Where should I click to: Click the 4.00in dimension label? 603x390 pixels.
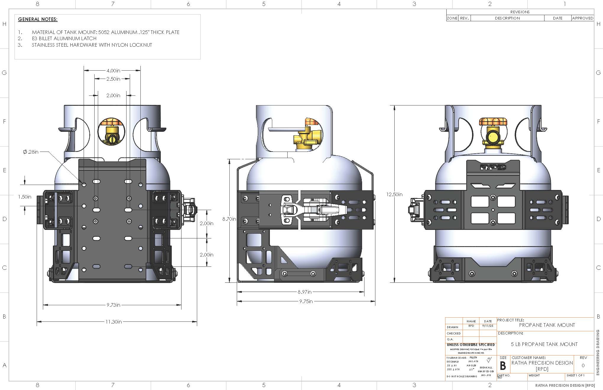pyautogui.click(x=113, y=71)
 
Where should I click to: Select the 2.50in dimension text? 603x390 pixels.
pyautogui.click(x=113, y=79)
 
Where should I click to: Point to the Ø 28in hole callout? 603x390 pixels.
pyautogui.click(x=31, y=152)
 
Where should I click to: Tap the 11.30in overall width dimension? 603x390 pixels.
pyautogui.click(x=114, y=322)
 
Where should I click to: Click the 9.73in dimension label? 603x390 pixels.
pyautogui.click(x=114, y=305)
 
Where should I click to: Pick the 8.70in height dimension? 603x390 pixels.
pyautogui.click(x=229, y=219)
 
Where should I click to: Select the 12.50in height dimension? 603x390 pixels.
pyautogui.click(x=394, y=194)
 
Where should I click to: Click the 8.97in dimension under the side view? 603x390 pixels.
pyautogui.click(x=304, y=292)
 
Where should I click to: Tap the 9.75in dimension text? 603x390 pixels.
pyautogui.click(x=306, y=301)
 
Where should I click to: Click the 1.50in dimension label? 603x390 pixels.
pyautogui.click(x=25, y=197)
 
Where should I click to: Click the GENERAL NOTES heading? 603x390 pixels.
pyautogui.click(x=38, y=19)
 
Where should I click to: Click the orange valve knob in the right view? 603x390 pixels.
pyautogui.click(x=493, y=121)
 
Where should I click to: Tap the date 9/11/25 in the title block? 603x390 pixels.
pyautogui.click(x=488, y=326)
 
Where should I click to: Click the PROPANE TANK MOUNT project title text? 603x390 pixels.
pyautogui.click(x=547, y=325)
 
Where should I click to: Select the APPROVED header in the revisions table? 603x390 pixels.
pyautogui.click(x=583, y=18)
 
